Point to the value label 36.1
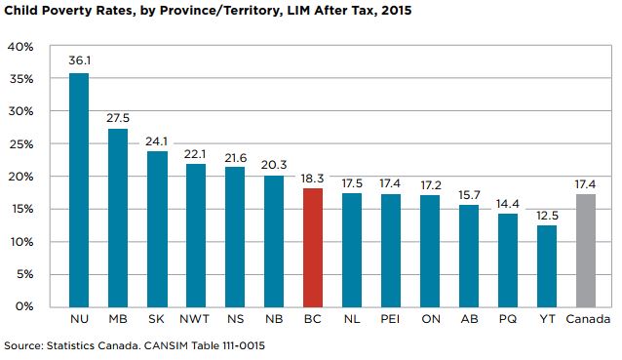[78, 60]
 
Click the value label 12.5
[547, 214]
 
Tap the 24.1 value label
[156, 139]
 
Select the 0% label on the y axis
[25, 306]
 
